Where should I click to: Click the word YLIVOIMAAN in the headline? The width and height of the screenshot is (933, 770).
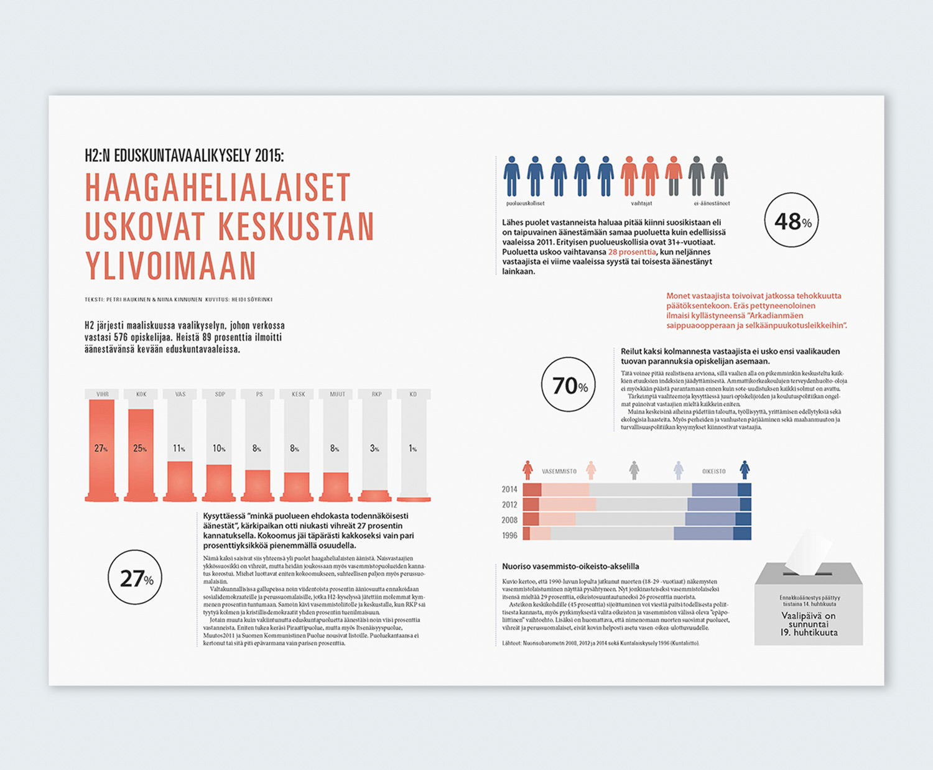tap(170, 266)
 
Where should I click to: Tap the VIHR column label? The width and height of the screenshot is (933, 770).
tap(102, 394)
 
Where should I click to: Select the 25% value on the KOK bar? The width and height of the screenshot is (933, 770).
tap(140, 448)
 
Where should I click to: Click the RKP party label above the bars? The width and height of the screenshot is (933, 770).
tap(376, 394)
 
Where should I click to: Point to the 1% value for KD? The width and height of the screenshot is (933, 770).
tap(413, 448)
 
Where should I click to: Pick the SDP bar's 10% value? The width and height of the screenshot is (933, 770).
tap(219, 448)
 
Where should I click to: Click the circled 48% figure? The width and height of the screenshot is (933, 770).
tap(792, 221)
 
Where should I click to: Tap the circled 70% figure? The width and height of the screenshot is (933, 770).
tap(569, 386)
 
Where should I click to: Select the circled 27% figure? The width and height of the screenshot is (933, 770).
tap(135, 578)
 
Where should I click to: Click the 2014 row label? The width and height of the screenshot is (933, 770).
tap(509, 489)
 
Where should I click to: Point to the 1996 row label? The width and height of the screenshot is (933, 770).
tap(509, 535)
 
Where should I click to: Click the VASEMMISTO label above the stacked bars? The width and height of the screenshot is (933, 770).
tap(559, 471)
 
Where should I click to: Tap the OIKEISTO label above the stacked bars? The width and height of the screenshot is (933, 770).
tap(714, 471)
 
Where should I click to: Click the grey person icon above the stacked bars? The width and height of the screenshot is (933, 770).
tap(634, 470)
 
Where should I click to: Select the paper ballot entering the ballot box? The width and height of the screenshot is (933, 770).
tap(807, 550)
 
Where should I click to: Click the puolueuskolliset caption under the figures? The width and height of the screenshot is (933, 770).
tap(525, 203)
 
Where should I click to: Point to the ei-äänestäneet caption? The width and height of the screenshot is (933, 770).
tap(712, 203)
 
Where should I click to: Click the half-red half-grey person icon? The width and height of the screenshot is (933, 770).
tap(673, 176)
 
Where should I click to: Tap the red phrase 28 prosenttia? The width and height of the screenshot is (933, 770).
tap(632, 252)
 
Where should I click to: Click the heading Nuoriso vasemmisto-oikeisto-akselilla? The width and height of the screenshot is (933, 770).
tap(570, 567)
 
